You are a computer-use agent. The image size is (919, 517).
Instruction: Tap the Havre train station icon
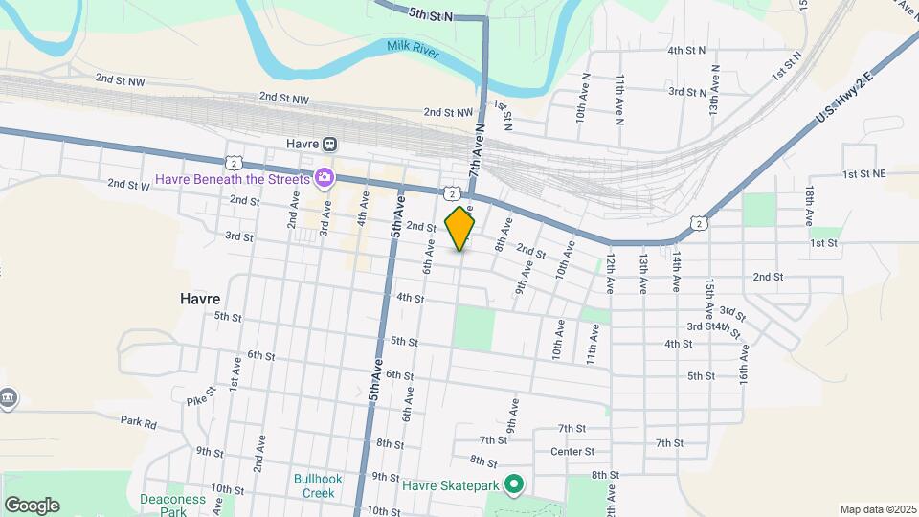point(329,144)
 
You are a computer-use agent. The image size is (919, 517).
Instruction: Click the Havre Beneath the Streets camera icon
point(325,177)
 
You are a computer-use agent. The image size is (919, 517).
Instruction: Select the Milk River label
point(413,48)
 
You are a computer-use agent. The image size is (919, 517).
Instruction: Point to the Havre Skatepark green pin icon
point(513,485)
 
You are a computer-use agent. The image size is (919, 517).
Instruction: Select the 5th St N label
point(430,14)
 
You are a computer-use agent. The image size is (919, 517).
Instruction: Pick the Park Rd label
point(138,420)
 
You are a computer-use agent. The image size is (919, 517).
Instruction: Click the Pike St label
point(197,401)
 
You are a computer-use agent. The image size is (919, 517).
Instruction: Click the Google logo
point(32,505)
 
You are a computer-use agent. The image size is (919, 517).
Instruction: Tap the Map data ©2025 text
point(878,509)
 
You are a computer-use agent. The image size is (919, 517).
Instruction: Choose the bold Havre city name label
point(200,299)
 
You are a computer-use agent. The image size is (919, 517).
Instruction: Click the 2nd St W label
point(128,184)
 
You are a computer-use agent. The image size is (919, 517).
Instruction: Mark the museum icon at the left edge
point(8,397)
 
